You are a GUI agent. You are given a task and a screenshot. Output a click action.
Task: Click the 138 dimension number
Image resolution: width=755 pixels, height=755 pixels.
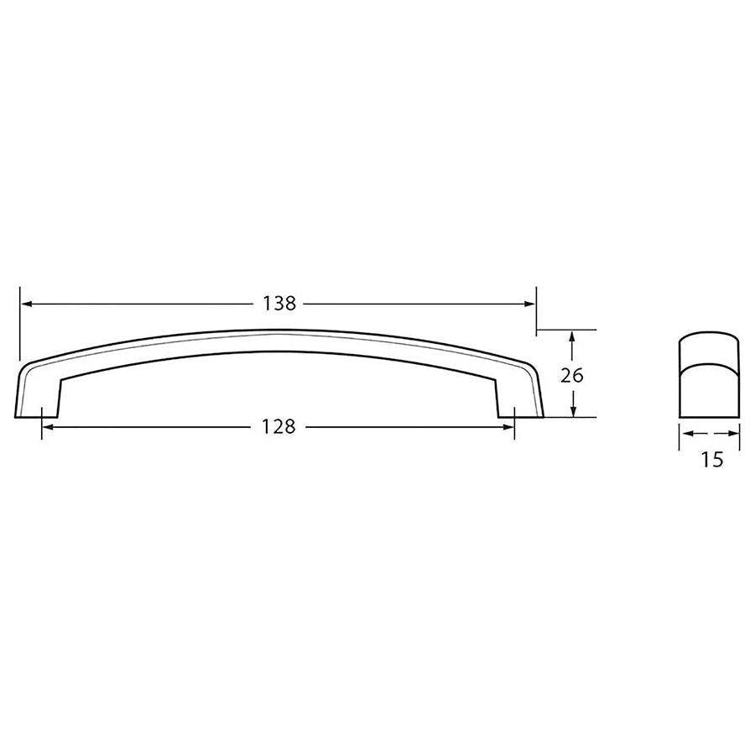(x=280, y=304)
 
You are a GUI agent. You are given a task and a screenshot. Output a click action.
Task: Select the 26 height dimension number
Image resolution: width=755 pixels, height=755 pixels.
(x=571, y=375)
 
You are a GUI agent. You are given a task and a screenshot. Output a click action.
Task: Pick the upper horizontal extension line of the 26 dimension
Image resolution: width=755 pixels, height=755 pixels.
(x=567, y=329)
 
